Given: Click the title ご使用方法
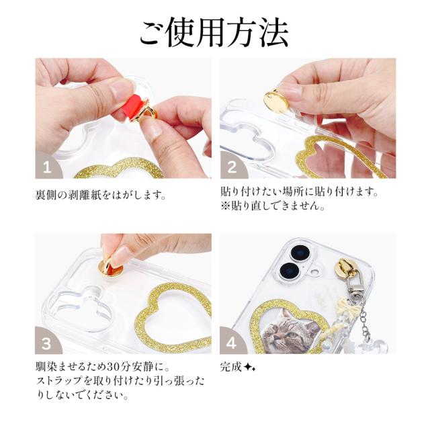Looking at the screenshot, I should point(214,32).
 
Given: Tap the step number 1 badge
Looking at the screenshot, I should point(47,165).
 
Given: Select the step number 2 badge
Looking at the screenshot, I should point(232,165).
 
